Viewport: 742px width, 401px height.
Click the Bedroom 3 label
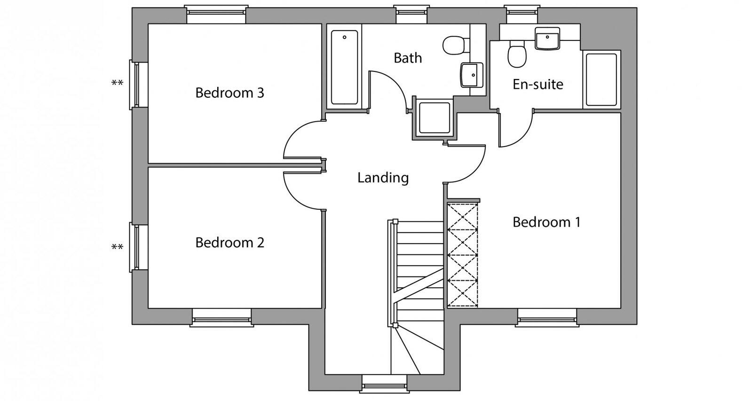229,93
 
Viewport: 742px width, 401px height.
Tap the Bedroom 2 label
229,243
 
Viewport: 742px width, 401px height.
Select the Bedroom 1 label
546,222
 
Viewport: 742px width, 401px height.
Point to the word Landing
383,178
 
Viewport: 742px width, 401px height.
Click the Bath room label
408,58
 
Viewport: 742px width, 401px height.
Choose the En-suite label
537,84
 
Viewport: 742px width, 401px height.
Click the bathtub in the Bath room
345,67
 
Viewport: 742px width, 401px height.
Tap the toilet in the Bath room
456,45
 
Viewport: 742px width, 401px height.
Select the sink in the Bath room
471,75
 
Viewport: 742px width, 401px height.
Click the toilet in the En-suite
517,55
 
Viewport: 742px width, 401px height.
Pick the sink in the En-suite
547,39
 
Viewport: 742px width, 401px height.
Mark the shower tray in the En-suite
601,79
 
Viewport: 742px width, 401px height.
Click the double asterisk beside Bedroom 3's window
117,83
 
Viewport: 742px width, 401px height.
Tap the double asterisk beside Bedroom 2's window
117,247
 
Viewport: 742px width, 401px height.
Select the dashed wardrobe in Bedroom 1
462,255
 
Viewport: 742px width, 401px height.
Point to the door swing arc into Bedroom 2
294,199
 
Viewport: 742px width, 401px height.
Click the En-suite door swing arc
523,136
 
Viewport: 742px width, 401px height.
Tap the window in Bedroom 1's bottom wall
547,318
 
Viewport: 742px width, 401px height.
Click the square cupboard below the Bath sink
434,118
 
